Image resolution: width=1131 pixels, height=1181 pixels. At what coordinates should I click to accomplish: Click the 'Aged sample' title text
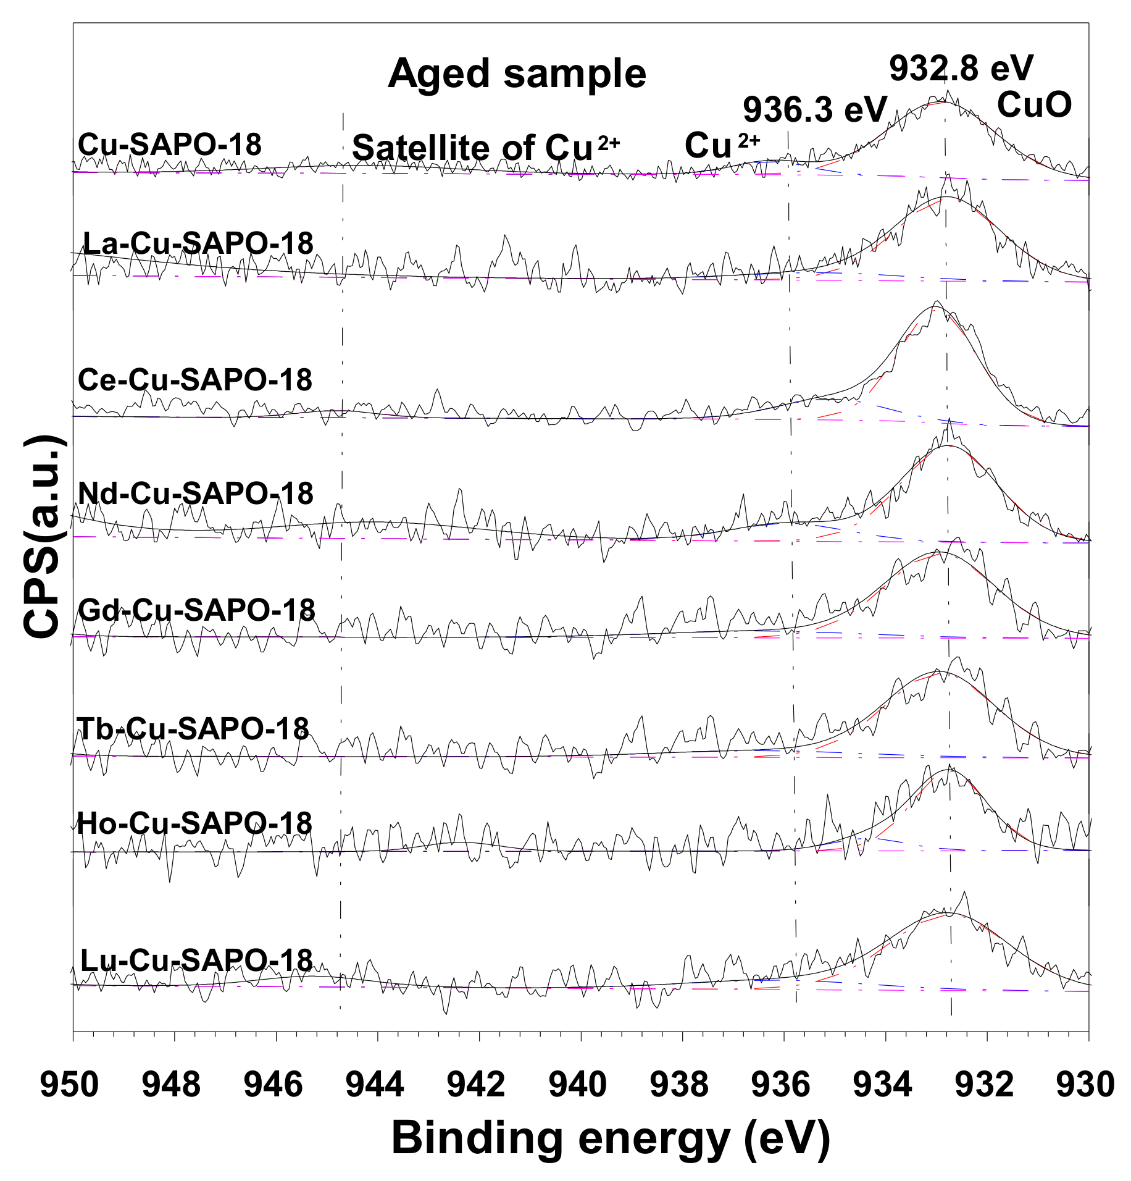click(x=517, y=74)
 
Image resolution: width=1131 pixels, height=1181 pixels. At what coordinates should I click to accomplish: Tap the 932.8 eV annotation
click(x=961, y=68)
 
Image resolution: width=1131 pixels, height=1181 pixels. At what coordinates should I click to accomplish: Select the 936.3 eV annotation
click(x=814, y=110)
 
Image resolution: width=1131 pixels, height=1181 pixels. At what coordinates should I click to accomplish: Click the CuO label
click(x=1034, y=105)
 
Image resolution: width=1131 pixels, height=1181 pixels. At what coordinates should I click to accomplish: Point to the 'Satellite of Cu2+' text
click(x=485, y=148)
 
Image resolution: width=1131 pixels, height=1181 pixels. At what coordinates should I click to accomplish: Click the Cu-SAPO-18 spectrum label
click(x=170, y=145)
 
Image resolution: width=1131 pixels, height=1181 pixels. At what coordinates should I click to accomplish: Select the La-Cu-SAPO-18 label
click(x=198, y=243)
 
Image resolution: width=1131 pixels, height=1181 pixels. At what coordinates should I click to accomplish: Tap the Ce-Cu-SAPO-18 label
click(x=195, y=379)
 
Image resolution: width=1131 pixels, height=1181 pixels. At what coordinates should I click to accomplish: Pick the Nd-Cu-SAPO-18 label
click(x=196, y=493)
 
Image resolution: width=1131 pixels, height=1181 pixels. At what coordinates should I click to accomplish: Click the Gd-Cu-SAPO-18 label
click(x=197, y=610)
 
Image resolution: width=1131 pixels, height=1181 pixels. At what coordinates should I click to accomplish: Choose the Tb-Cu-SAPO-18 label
click(x=193, y=729)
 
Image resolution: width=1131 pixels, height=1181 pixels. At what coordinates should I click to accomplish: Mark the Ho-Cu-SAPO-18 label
click(x=194, y=823)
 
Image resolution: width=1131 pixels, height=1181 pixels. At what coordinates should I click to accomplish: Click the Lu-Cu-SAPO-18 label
click(x=197, y=960)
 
